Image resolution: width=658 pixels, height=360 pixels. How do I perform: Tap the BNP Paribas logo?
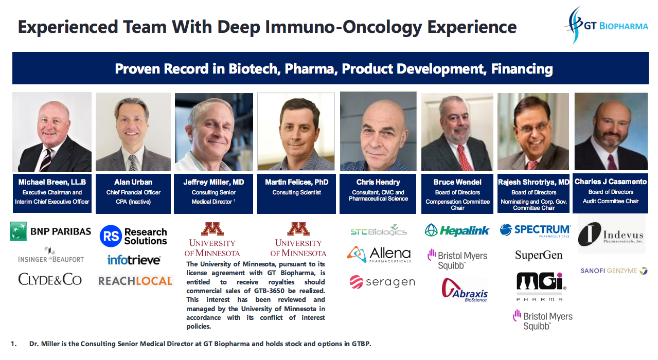coord(50,231)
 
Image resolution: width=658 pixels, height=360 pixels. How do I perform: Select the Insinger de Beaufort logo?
coord(51,255)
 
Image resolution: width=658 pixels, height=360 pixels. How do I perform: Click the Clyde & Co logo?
coord(50,279)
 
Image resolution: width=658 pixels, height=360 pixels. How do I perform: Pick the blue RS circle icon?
coord(111,236)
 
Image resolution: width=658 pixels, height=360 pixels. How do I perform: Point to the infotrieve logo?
coord(134,260)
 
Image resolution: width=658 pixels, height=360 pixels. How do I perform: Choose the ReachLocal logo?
coord(135,281)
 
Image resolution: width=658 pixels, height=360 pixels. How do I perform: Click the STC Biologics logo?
coord(379,231)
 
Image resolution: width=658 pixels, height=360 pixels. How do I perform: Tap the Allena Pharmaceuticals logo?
coord(379,254)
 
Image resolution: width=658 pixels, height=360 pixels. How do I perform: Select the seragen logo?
coord(382,282)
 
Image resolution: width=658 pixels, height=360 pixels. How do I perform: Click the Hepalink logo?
coord(457,230)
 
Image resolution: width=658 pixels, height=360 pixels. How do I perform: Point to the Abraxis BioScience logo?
coord(465,290)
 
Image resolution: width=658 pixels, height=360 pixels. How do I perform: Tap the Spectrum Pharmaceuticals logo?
coord(535,230)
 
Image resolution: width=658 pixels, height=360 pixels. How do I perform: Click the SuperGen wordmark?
coord(539,255)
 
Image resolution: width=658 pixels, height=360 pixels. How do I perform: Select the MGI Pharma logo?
coord(541,286)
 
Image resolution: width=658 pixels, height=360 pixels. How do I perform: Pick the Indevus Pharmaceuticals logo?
coord(611,234)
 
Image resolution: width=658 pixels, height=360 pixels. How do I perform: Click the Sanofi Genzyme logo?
coord(614,271)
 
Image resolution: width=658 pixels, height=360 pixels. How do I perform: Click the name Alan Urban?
coord(133,182)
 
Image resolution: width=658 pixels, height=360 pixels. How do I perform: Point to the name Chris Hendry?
coord(378,182)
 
